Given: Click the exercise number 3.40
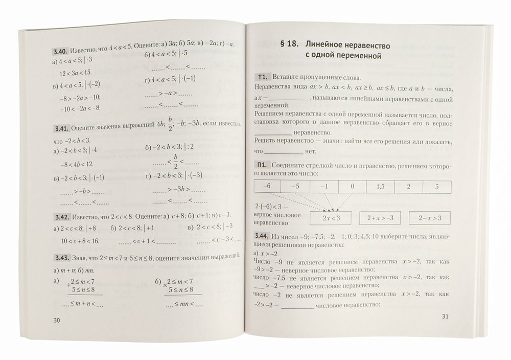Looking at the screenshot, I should tap(60, 51).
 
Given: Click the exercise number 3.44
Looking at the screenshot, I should tap(262, 236).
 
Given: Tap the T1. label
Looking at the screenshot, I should tap(262, 77).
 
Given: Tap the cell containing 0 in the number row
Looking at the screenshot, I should tap(352, 186).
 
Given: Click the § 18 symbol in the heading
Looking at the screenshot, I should tap(289, 44).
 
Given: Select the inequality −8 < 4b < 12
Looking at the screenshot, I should tap(77, 164).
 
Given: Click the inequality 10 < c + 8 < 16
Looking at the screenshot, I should tap(79, 240).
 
